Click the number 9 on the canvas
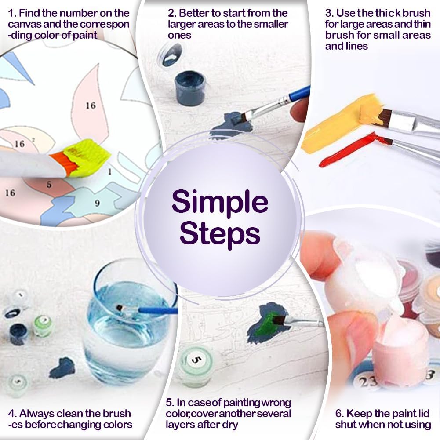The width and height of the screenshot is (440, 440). coord(97,203)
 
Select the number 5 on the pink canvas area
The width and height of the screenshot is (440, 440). coord(49,185)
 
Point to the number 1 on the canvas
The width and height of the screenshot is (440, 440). coord(110,171)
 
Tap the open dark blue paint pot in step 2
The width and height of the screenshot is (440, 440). coord(190,88)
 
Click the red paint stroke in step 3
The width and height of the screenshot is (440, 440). coord(352,151)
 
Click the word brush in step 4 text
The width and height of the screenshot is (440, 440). coord(117,413)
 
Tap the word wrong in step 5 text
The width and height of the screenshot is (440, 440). coord(276,403)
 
